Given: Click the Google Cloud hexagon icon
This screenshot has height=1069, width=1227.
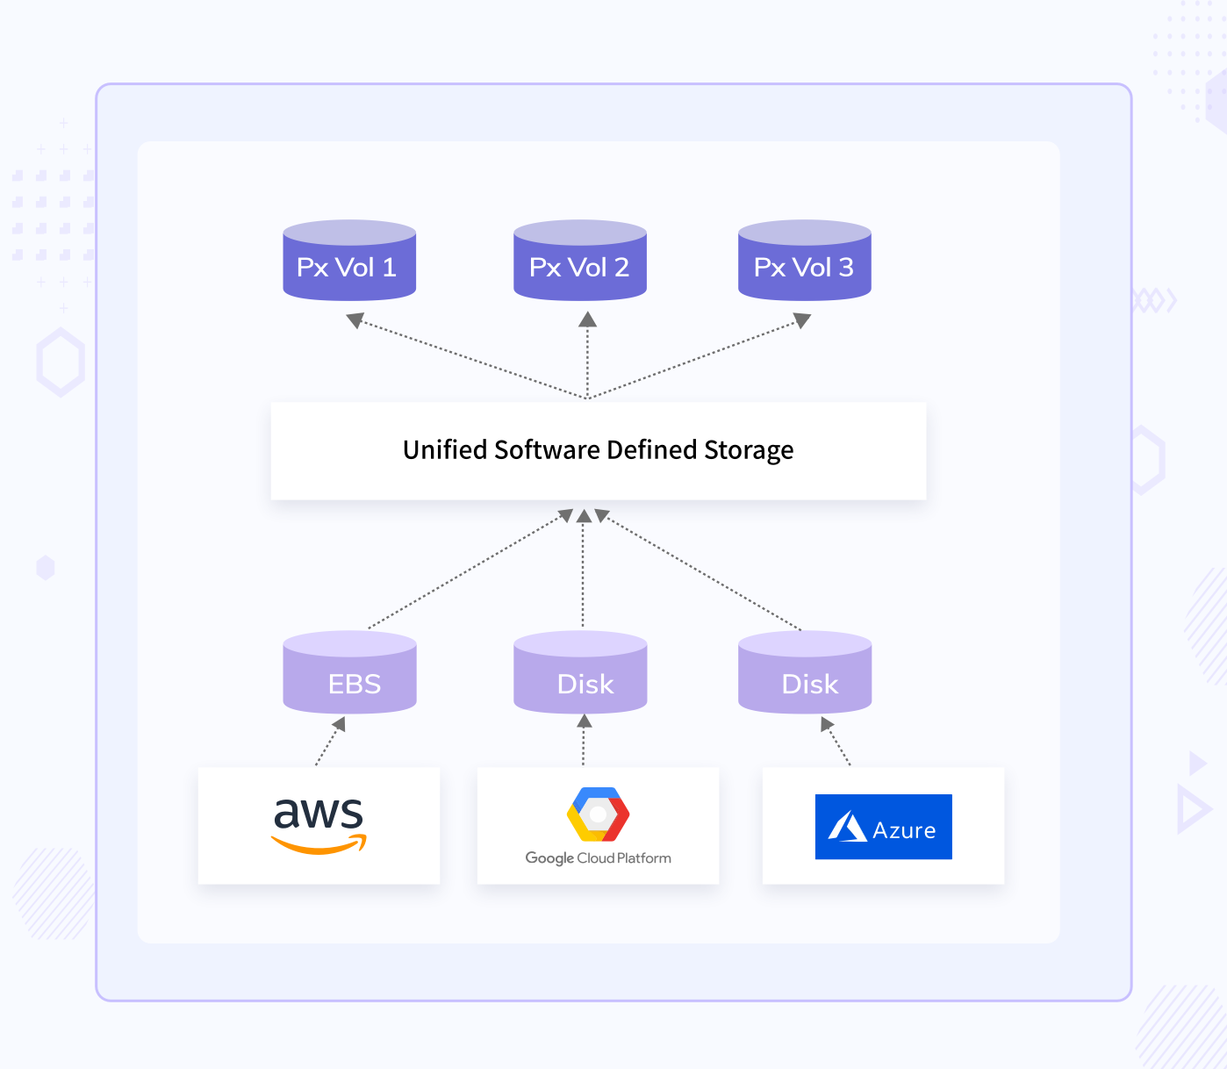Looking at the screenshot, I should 598,814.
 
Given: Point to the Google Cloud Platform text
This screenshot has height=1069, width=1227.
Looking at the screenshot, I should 598,858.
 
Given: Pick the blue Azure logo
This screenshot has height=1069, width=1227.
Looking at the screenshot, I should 883,827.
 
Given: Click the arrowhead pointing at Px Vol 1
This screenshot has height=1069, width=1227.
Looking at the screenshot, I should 355,320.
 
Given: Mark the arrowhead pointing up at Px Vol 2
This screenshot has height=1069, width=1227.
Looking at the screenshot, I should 587,320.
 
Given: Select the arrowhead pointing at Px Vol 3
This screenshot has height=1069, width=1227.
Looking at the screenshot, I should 801,320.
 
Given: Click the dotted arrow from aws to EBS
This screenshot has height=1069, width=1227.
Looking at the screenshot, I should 328,743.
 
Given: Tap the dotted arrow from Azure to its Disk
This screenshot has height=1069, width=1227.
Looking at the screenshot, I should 838,743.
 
